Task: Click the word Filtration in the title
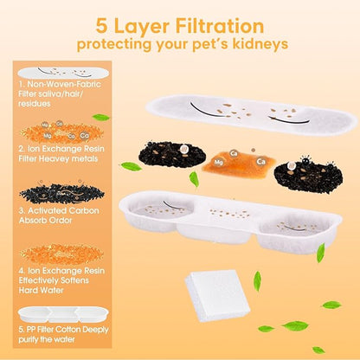click(x=220, y=26)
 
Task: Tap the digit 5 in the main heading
click(x=101, y=26)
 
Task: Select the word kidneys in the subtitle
click(x=260, y=45)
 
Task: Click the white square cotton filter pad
click(x=216, y=295)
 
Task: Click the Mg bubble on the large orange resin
click(x=218, y=163)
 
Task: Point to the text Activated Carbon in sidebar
click(x=59, y=211)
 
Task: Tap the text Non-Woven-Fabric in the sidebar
click(x=64, y=84)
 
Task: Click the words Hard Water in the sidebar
click(x=41, y=290)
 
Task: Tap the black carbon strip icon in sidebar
click(x=61, y=193)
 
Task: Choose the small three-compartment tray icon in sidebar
click(x=63, y=314)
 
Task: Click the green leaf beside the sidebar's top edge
click(x=100, y=118)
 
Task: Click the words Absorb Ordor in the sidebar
click(x=45, y=221)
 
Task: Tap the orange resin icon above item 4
click(x=61, y=254)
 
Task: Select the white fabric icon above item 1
click(x=63, y=73)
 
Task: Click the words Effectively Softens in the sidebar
click(x=54, y=280)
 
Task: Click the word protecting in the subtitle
click(x=114, y=45)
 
